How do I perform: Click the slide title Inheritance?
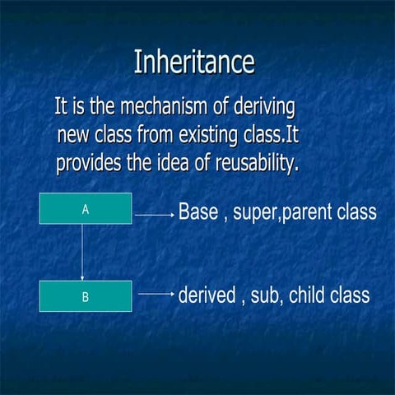(x=194, y=63)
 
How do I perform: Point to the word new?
(x=75, y=135)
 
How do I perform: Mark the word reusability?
(x=255, y=163)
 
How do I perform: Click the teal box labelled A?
(x=86, y=209)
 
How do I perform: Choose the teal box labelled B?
(x=86, y=296)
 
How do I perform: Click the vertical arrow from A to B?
(x=82, y=252)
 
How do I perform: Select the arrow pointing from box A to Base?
(x=154, y=215)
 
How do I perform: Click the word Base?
(x=197, y=212)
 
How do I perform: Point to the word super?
(x=257, y=214)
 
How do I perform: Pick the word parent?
(x=308, y=214)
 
